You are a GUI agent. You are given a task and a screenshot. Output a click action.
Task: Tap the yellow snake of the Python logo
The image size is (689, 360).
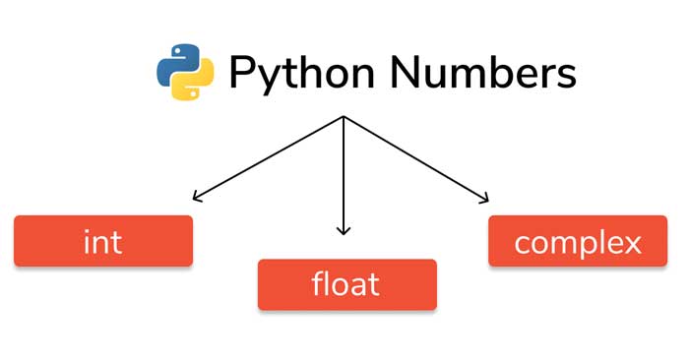tap(193, 85)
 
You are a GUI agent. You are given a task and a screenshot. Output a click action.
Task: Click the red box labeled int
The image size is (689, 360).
tap(103, 241)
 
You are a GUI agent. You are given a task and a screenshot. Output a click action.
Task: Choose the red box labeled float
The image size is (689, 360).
tap(346, 284)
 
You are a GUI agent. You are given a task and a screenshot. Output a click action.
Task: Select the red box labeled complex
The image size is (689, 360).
tap(578, 241)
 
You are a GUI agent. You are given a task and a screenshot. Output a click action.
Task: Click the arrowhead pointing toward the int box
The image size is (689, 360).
tap(197, 198)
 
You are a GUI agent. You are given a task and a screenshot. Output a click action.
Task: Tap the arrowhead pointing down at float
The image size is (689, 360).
tap(343, 230)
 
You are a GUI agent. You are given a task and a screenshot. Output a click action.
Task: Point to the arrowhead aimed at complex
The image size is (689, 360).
tap(482, 199)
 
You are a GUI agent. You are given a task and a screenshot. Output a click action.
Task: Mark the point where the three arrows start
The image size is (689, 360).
tap(343, 117)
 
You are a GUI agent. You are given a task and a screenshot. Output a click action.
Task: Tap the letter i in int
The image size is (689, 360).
tap(87, 241)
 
